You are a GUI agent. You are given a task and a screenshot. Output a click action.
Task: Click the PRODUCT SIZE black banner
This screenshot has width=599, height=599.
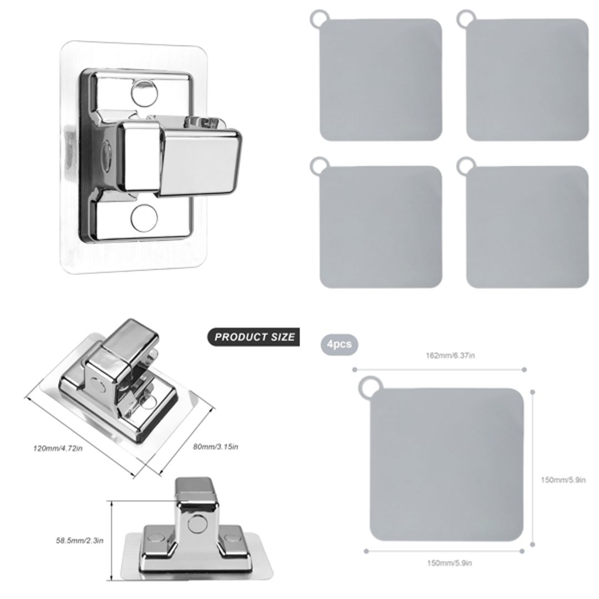(x=254, y=337)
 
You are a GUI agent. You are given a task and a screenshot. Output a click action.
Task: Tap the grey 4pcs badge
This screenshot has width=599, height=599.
(x=339, y=344)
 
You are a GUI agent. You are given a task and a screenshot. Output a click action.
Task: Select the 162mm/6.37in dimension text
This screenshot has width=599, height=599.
(x=450, y=356)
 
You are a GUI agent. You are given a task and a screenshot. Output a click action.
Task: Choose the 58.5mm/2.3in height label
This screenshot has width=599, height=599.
(x=80, y=540)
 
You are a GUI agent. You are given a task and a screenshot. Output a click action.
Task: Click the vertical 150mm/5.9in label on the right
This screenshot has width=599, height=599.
(x=563, y=480)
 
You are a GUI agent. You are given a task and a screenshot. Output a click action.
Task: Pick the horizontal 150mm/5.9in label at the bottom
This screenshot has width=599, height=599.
(x=449, y=563)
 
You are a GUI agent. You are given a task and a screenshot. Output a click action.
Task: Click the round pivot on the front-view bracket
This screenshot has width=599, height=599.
(x=195, y=522)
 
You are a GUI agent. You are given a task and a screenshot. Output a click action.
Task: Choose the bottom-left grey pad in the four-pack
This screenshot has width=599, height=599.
(x=381, y=227)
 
